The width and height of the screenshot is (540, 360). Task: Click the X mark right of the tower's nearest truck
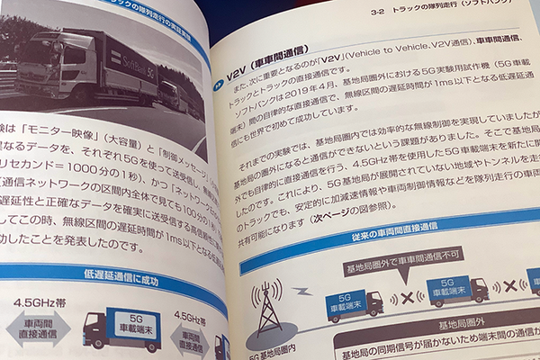click(x=409, y=294)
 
